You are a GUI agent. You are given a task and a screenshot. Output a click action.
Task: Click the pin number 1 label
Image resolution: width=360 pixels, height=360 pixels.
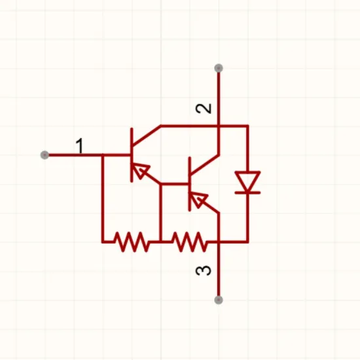pos(80,146)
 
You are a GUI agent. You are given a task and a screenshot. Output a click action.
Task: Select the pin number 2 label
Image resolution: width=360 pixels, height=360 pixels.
pos(204,109)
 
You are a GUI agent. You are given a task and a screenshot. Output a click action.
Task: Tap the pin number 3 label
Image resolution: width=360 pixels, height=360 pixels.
pos(204,270)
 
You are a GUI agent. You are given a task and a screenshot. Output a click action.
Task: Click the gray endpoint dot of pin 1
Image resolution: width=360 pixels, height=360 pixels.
pos(45,155)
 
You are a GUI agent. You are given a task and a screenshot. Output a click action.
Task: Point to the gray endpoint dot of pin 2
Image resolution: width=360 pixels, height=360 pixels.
pos(219,68)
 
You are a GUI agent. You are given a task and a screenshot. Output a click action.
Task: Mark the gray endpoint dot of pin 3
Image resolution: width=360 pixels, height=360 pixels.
pos(219,300)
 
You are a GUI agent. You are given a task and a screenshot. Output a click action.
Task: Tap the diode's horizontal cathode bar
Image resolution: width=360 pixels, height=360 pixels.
pos(247,192)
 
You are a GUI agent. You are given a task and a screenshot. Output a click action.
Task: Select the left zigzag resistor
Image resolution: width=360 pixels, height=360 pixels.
pos(132,242)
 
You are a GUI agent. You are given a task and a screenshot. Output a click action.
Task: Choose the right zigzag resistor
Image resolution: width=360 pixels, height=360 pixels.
pos(190,242)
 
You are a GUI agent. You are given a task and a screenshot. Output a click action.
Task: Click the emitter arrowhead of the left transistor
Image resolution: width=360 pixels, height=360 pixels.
pos(141,170)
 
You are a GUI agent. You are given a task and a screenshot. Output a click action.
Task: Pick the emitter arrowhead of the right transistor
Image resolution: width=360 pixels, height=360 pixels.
pos(199,200)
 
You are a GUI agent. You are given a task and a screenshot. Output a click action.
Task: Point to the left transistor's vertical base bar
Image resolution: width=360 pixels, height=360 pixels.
pos(132,155)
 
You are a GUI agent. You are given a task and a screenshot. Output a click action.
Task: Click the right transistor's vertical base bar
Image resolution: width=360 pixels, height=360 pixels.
pos(190,184)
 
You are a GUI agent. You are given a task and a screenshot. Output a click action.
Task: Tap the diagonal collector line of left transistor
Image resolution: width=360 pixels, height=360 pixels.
pos(146,136)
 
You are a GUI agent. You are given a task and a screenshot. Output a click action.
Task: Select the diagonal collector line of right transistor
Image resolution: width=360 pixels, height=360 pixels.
pos(204,165)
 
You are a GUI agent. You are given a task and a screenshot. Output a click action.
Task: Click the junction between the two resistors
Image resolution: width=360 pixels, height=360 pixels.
pos(161,242)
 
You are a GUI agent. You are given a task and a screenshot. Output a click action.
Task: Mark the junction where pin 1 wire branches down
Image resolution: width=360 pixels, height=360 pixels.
pos(103,155)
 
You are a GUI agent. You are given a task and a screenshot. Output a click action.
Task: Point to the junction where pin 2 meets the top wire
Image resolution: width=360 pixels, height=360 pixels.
pos(219,126)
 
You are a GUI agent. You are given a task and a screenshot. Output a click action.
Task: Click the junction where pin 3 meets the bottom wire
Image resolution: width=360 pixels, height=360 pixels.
pos(219,242)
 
